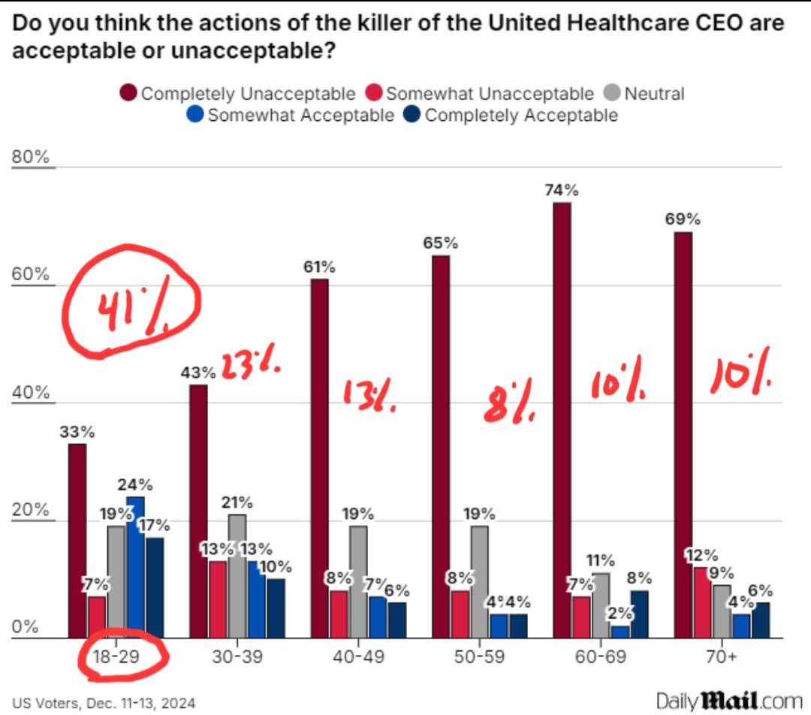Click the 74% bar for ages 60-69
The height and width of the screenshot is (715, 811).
click(562, 421)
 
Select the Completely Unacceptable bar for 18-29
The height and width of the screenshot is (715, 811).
click(77, 541)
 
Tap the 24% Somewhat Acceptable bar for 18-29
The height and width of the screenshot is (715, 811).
click(135, 567)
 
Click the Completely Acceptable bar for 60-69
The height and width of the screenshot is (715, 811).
click(640, 614)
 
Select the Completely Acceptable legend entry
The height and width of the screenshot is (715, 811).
click(511, 115)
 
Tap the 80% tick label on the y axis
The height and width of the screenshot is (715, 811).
click(30, 158)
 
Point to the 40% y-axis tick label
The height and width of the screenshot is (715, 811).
click(30, 393)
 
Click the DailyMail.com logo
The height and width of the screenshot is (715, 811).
click(728, 701)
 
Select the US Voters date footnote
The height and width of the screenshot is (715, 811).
click(103, 703)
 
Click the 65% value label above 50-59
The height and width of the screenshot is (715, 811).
click(440, 243)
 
